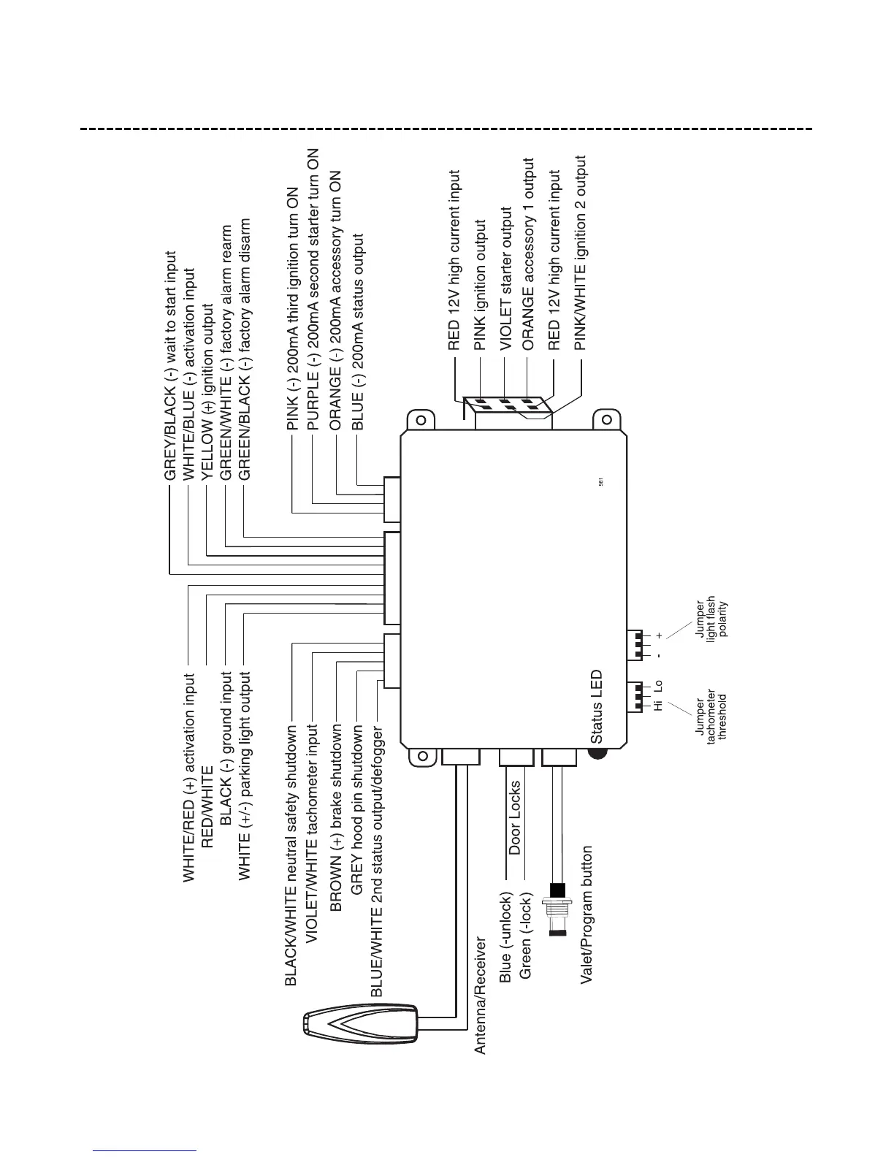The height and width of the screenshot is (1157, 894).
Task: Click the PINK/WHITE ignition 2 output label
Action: (x=581, y=252)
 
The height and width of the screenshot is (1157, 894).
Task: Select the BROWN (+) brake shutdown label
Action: (x=337, y=817)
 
